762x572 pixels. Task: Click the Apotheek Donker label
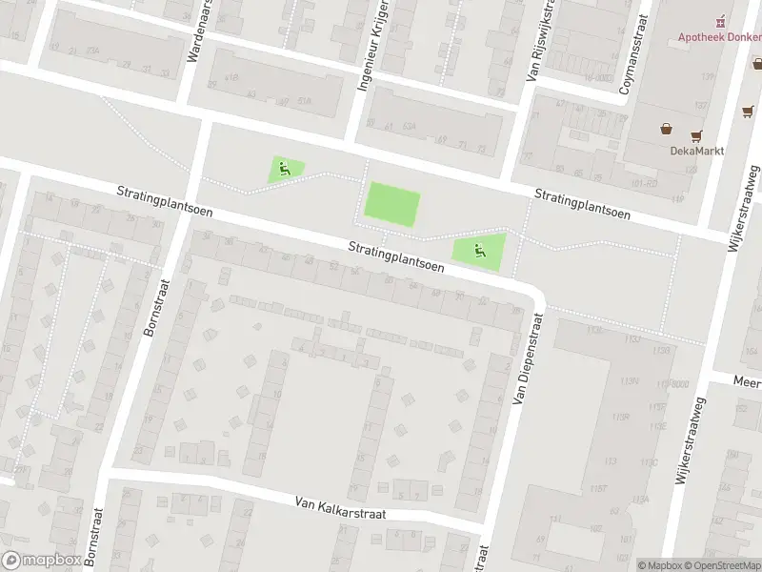coord(720,37)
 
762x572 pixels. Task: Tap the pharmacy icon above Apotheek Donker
coord(721,20)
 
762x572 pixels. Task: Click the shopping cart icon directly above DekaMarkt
coord(697,134)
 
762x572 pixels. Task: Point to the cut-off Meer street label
coord(747,380)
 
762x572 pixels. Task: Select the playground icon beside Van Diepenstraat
coord(479,252)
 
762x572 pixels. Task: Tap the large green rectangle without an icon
coord(392,205)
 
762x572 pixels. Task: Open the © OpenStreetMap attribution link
coord(721,565)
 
